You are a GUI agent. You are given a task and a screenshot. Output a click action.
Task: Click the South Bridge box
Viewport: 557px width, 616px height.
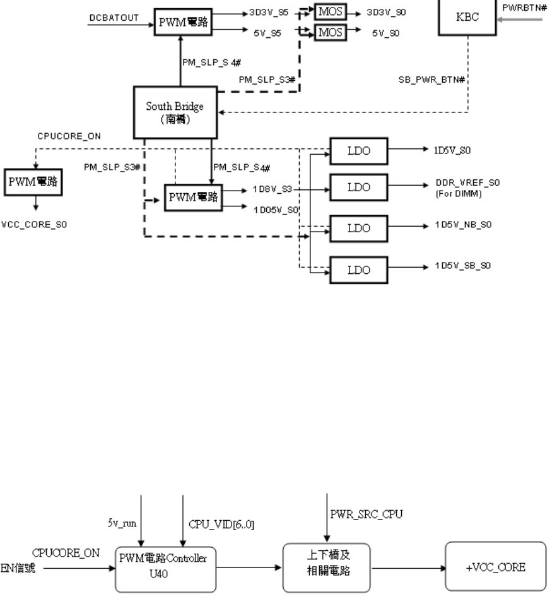pyautogui.click(x=175, y=112)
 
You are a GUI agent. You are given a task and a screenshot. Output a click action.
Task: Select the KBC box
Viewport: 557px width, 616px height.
pyautogui.click(x=467, y=17)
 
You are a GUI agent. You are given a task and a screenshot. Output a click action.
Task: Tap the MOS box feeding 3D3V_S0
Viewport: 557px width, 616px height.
pyautogui.click(x=331, y=12)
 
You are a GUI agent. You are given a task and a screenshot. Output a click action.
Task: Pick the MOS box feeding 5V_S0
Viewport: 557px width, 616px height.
pyautogui.click(x=331, y=33)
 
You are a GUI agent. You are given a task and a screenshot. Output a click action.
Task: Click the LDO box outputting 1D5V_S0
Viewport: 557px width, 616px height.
pyautogui.click(x=359, y=151)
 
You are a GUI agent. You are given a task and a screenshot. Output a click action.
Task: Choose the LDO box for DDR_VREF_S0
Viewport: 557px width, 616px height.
pyautogui.click(x=359, y=187)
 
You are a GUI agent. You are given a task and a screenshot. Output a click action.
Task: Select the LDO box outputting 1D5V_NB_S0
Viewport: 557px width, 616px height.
pyautogui.click(x=359, y=228)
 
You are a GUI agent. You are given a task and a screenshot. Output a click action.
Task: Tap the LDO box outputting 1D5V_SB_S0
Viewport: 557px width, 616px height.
pyautogui.click(x=359, y=270)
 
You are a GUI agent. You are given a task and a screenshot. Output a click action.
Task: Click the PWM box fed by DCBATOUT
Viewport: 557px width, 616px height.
pyautogui.click(x=183, y=22)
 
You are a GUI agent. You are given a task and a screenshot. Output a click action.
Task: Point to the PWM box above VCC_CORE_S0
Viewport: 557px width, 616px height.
pyautogui.click(x=33, y=182)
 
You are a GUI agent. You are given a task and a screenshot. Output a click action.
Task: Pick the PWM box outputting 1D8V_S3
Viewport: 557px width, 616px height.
pyautogui.click(x=193, y=198)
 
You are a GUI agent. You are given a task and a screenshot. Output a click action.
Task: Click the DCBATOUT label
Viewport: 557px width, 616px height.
pyautogui.click(x=114, y=18)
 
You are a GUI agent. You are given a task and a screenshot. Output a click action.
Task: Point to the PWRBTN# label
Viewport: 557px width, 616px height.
pyautogui.click(x=524, y=8)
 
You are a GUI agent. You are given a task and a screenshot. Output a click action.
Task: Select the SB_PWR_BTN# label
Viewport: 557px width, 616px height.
pyautogui.click(x=431, y=80)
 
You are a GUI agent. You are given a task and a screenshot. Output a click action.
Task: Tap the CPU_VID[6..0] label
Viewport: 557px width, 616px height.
pyautogui.click(x=221, y=524)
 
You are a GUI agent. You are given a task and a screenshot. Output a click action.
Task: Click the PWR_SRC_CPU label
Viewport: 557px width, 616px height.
pyautogui.click(x=366, y=514)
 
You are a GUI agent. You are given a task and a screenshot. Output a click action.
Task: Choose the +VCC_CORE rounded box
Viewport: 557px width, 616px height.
pyautogui.click(x=496, y=566)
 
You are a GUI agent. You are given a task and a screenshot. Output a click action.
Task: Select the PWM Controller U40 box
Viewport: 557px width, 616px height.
pyautogui.click(x=166, y=569)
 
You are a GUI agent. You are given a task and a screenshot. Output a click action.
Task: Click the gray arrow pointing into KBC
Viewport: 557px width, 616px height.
pyautogui.click(x=520, y=20)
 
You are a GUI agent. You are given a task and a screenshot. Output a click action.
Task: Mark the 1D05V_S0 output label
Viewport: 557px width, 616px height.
pyautogui.click(x=276, y=210)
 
